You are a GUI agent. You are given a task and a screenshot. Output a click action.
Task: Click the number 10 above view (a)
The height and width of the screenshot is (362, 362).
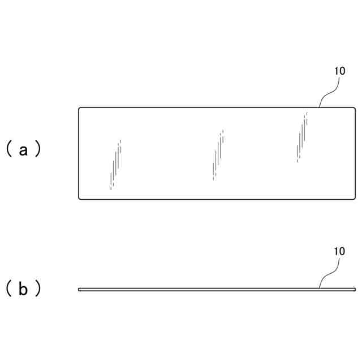click(339, 72)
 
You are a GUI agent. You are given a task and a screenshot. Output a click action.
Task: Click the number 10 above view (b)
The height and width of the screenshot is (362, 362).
click(339, 251)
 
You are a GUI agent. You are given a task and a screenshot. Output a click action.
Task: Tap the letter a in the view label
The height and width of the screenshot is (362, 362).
click(23, 150)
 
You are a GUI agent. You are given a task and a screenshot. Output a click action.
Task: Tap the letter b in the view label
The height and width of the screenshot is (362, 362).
click(23, 289)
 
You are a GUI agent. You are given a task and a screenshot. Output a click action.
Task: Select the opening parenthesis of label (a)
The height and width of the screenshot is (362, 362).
click(10, 150)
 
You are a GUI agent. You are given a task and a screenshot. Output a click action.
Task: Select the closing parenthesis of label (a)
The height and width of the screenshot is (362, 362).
click(37, 150)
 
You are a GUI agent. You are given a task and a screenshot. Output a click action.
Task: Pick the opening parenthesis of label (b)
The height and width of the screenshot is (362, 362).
click(10, 289)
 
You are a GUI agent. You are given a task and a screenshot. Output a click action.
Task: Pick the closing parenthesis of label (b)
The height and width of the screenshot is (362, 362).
click(37, 289)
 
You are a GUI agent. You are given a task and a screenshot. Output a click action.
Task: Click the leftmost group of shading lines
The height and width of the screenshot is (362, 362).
click(115, 165)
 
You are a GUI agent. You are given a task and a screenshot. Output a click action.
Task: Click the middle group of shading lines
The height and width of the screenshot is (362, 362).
click(218, 154)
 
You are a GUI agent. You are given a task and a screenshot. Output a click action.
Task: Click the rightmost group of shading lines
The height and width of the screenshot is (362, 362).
click(301, 137)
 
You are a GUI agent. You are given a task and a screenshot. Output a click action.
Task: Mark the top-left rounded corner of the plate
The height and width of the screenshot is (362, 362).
click(80, 109)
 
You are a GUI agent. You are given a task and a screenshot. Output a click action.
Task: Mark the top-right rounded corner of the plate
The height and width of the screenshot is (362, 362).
click(354, 109)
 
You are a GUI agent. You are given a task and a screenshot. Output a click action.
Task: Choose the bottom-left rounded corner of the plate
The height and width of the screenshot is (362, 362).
click(80, 197)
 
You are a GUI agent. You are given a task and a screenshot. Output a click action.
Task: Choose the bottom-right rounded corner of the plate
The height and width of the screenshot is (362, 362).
click(354, 197)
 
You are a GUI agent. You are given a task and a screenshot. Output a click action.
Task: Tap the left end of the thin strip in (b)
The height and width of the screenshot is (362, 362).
click(80, 289)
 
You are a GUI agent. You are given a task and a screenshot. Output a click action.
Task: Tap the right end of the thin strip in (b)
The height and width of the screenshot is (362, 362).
click(354, 289)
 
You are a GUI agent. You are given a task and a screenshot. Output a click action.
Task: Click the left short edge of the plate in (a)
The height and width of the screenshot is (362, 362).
click(79, 153)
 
